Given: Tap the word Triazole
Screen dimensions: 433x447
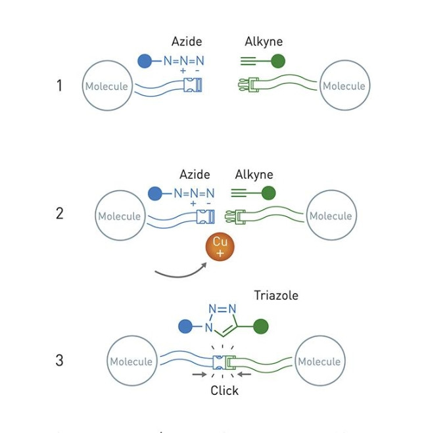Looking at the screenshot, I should (276, 296).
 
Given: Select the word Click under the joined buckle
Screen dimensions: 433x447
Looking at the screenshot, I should (224, 390).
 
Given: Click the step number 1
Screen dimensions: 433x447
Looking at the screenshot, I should (59, 85).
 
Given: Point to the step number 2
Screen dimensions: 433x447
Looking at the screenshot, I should (59, 214).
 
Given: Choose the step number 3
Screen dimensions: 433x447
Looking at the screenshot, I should (59, 360).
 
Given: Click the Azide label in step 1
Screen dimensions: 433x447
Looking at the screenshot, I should (187, 42).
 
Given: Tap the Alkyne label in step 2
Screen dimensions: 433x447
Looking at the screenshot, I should (254, 175).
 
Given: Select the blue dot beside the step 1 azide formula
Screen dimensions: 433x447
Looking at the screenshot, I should (145, 61).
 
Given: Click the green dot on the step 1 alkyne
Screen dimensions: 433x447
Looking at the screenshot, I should (278, 61).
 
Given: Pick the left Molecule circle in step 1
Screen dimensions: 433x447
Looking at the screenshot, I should (106, 86).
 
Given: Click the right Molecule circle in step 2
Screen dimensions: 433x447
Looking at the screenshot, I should (331, 216).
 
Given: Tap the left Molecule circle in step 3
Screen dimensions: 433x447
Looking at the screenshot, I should (131, 361).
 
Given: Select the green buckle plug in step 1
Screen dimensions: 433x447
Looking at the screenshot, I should (249, 85).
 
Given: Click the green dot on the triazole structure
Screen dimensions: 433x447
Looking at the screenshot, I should (260, 327).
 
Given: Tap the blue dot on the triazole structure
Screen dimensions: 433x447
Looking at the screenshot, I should (185, 327).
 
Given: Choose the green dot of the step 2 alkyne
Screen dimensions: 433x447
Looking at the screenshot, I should (268, 193).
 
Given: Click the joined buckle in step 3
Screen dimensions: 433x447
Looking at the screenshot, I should (223, 361).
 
